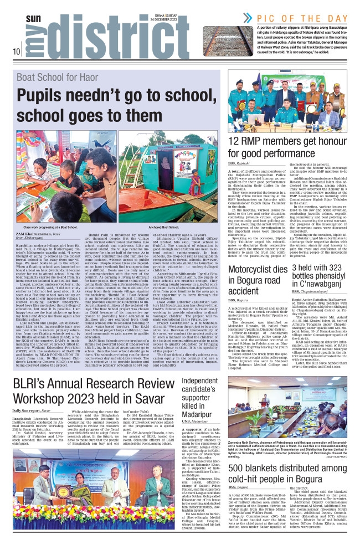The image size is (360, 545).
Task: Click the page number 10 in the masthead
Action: point(17,53)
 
